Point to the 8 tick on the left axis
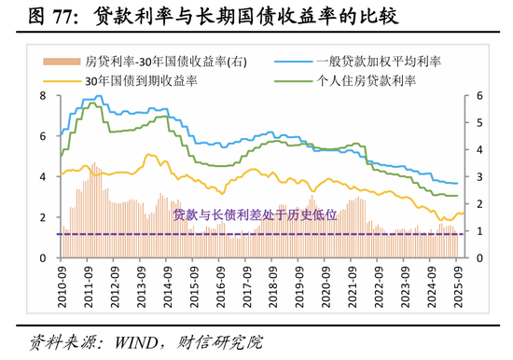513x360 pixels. click(44, 95)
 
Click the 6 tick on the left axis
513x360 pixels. click(44, 136)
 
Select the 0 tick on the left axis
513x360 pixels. click(44, 258)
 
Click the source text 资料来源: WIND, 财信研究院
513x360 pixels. click(140, 342)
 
